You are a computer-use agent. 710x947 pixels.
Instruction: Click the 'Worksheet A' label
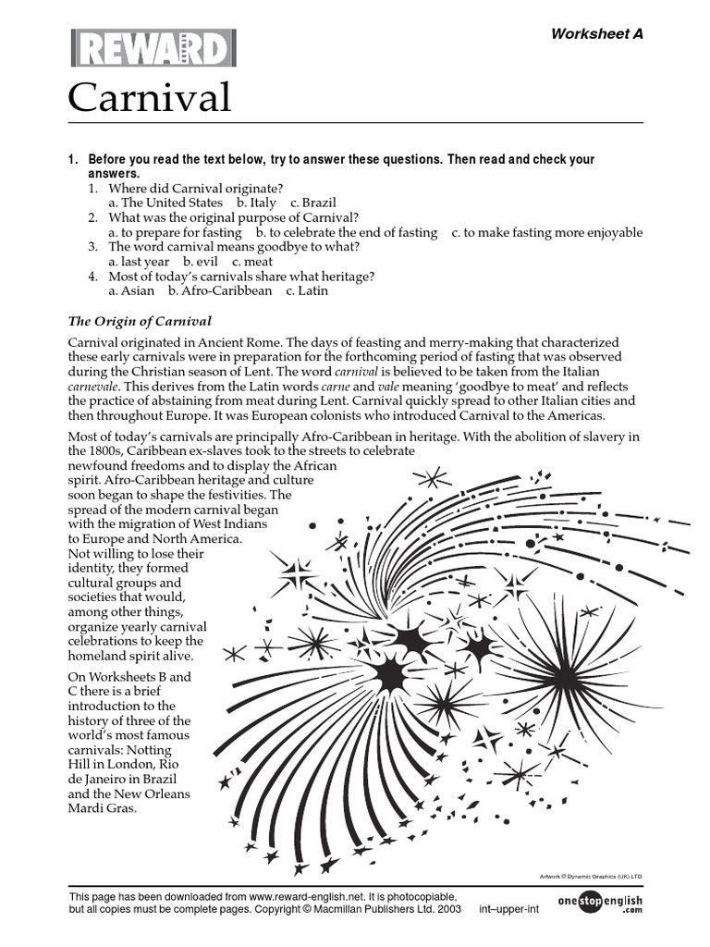click(596, 34)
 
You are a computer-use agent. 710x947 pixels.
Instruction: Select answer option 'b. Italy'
click(256, 203)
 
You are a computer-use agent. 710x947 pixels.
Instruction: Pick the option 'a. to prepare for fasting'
click(175, 232)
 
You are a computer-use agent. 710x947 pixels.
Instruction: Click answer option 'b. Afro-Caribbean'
click(220, 290)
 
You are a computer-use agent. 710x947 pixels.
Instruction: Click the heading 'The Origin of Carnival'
click(141, 321)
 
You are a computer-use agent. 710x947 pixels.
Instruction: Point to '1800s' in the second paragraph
click(90, 449)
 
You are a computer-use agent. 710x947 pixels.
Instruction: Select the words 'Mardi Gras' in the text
click(103, 808)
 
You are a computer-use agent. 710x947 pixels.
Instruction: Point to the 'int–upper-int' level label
click(508, 910)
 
